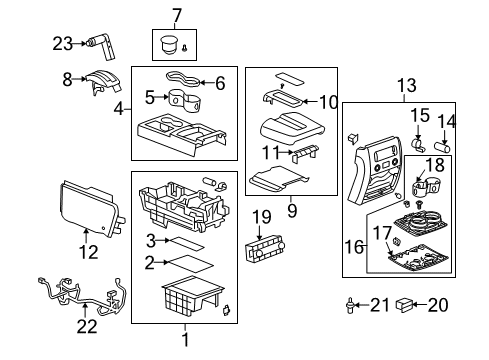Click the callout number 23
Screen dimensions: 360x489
pos(63,42)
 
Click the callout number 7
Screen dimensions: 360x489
pos(177,15)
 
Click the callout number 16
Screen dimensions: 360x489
pos(349,243)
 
